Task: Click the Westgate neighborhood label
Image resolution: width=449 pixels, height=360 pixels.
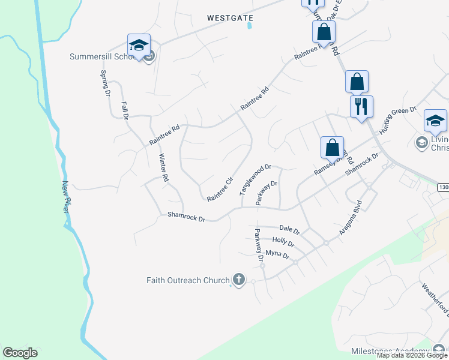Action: (x=230, y=19)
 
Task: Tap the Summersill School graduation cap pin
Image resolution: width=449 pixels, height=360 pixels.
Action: (x=139, y=45)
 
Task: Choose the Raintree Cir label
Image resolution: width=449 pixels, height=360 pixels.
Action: (x=220, y=189)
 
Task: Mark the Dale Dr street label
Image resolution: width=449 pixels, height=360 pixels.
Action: (x=290, y=229)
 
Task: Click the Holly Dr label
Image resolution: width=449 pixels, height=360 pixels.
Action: (x=283, y=242)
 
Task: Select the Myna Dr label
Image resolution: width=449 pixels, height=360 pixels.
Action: (x=277, y=255)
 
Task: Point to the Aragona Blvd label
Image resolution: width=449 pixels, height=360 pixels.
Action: (x=351, y=218)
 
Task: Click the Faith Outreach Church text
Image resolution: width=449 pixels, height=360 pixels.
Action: (x=188, y=280)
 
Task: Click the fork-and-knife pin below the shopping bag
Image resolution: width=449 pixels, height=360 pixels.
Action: (x=361, y=107)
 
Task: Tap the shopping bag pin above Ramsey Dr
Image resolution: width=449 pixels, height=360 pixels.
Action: (x=332, y=147)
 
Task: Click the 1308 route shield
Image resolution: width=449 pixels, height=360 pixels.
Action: (x=443, y=188)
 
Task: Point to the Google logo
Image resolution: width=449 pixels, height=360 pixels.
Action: (x=20, y=353)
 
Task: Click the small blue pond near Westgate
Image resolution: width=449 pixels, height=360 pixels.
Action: (x=250, y=26)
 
